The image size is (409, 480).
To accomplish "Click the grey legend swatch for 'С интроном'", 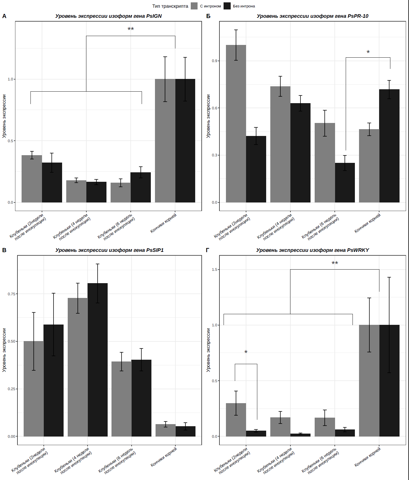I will click(194, 6).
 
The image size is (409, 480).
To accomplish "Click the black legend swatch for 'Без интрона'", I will click(227, 6).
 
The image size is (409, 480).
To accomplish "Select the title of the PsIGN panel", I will click(109, 16).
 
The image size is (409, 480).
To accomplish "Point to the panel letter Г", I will click(208, 250).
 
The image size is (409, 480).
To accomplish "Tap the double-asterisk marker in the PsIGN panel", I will click(131, 29).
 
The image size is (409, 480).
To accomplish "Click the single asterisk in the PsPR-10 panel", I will click(368, 52).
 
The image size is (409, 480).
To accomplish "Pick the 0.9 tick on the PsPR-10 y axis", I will click(214, 61).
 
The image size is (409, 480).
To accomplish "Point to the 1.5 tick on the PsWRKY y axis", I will click(214, 270).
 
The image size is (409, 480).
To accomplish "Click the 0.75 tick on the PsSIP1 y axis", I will click(12, 294).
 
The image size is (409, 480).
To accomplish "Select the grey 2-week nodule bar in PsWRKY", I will click(236, 420).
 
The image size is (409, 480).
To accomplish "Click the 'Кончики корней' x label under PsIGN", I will click(164, 223).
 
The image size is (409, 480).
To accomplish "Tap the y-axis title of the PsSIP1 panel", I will click(4, 350).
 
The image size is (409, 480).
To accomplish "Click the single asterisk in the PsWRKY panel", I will click(246, 352).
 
